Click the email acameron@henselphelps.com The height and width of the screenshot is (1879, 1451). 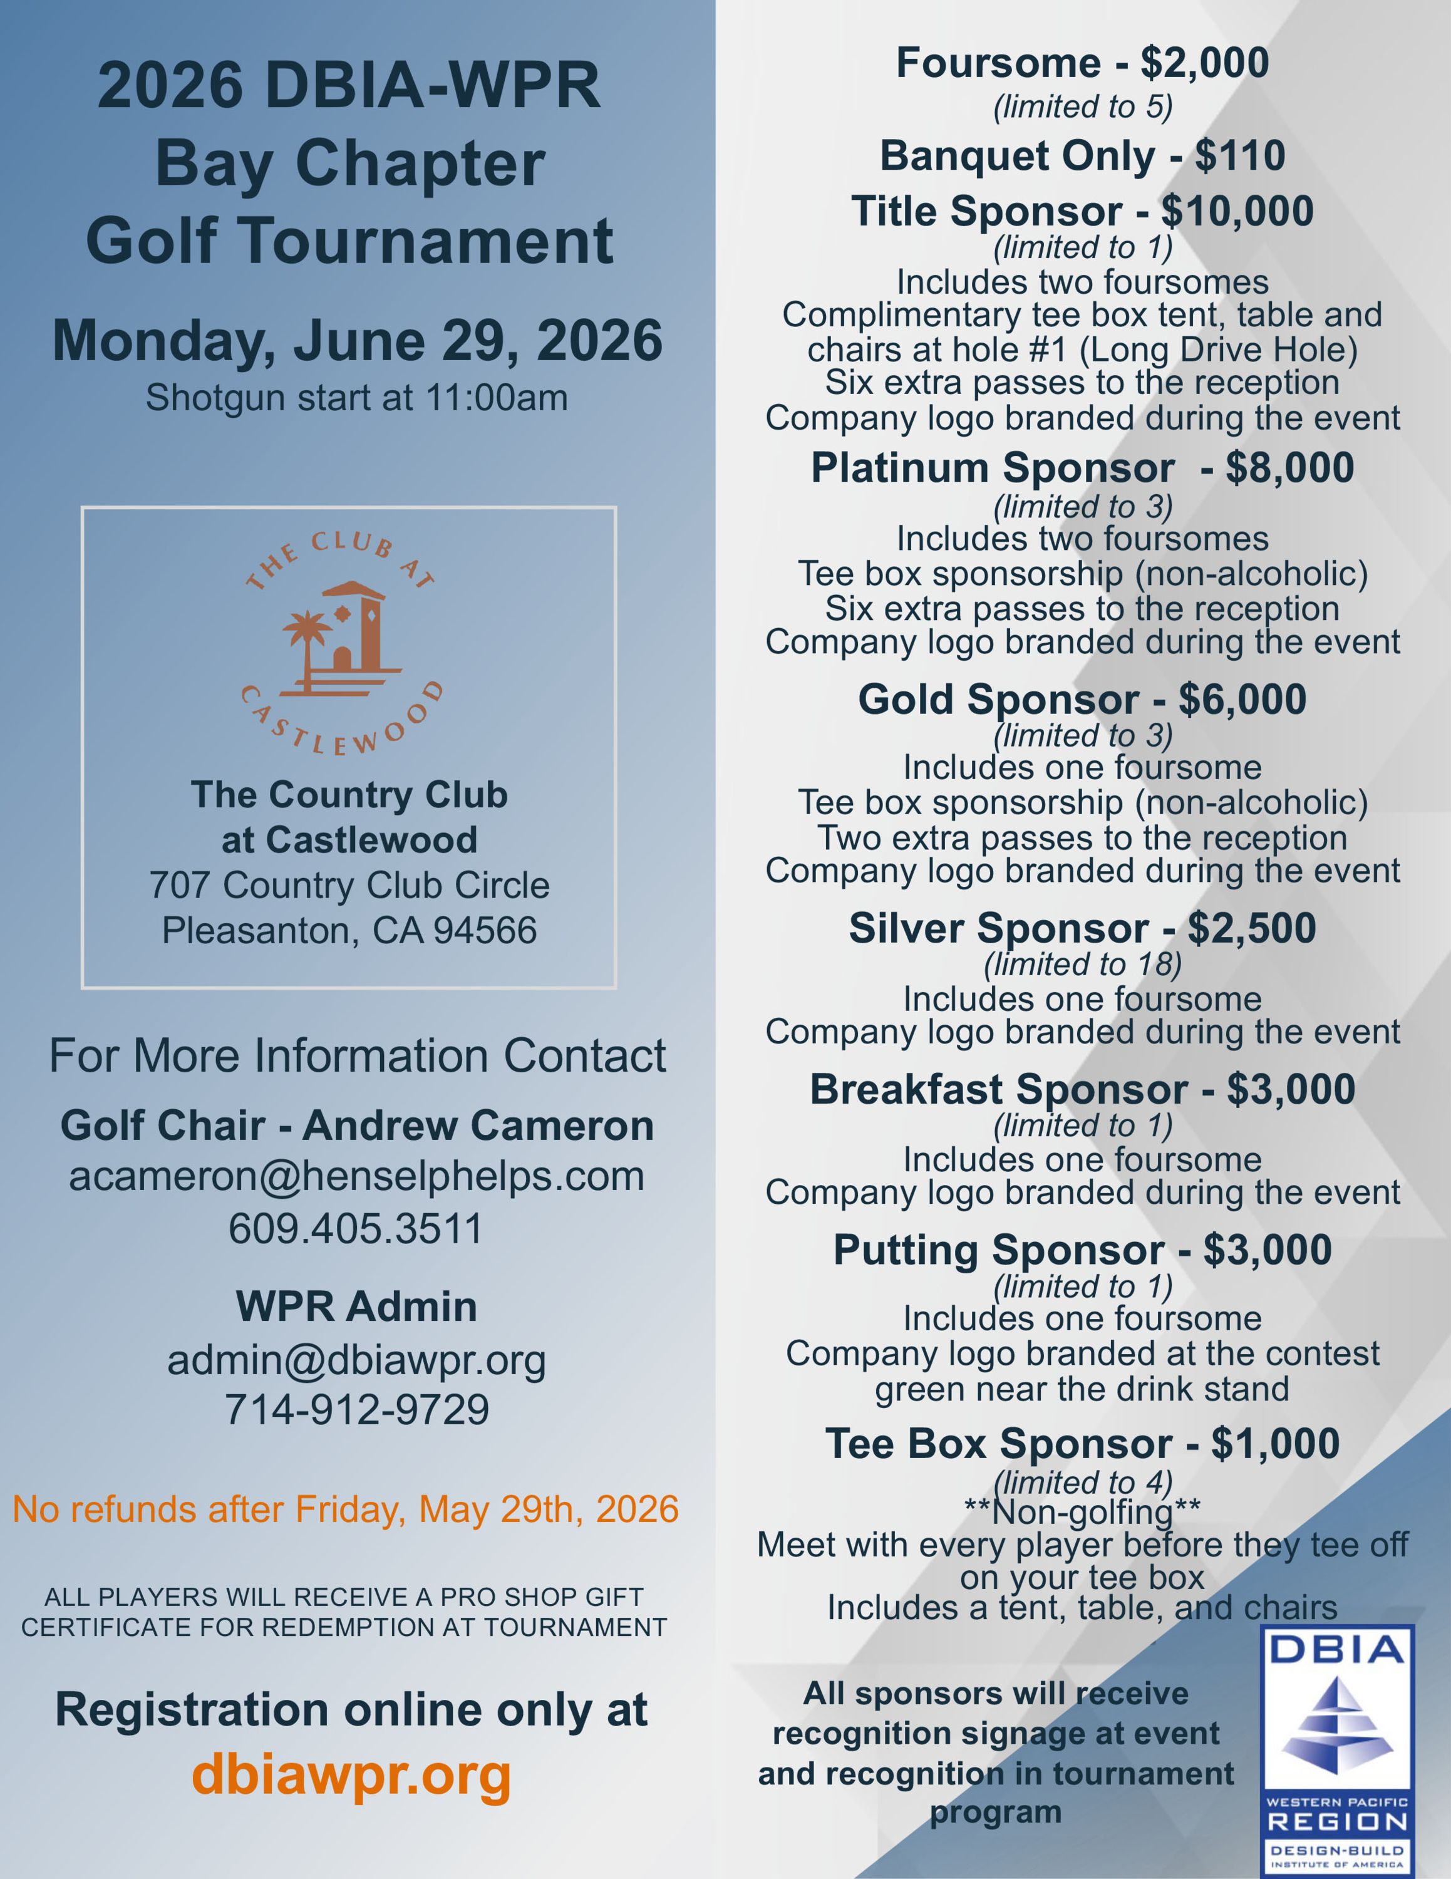356,1176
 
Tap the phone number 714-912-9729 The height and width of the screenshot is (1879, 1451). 356,1409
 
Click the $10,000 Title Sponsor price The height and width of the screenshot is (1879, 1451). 1237,212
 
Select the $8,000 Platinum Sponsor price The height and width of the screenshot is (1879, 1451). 1289,468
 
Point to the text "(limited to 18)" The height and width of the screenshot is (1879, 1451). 1082,965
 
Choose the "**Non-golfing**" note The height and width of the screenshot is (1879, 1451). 1082,1511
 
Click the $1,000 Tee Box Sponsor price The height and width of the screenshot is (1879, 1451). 1276,1444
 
